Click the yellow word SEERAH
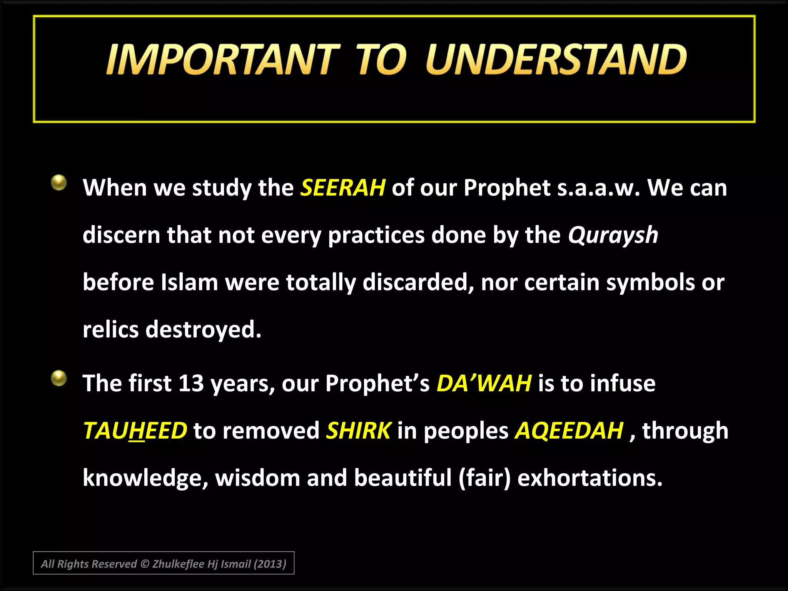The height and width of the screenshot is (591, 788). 342,188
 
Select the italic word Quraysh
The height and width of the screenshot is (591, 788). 613,235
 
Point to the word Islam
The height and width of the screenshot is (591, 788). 189,282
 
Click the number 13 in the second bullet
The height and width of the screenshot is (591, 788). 191,383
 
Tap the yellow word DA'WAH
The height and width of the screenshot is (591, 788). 484,383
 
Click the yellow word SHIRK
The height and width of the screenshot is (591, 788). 359,431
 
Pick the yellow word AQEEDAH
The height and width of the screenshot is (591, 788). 569,431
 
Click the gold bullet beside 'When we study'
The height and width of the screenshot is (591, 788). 59,182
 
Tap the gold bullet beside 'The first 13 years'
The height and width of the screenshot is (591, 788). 59,378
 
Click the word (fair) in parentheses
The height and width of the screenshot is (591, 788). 485,478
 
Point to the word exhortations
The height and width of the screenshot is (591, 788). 589,478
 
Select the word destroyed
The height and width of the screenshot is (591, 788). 203,330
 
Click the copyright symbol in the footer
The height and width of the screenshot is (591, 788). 145,564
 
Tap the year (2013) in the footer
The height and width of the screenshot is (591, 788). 270,564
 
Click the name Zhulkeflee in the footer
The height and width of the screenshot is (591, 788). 178,564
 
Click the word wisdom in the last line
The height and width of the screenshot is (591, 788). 257,478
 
